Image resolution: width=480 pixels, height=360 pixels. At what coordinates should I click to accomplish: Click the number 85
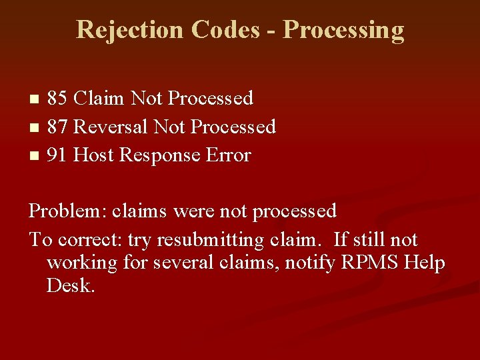coord(57,99)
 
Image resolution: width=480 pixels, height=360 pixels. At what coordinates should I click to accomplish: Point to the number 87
coord(57,127)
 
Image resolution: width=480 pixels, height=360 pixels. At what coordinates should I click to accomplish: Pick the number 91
coord(57,155)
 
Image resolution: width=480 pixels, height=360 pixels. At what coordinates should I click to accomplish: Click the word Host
coord(93,155)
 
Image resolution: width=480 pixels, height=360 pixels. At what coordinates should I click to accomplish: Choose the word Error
coord(229,155)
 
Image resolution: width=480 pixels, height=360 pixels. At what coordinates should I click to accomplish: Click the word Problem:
coord(66,211)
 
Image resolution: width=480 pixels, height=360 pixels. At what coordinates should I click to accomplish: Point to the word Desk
coord(71,286)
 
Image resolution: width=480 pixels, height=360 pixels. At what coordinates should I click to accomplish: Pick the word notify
coord(310,263)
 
